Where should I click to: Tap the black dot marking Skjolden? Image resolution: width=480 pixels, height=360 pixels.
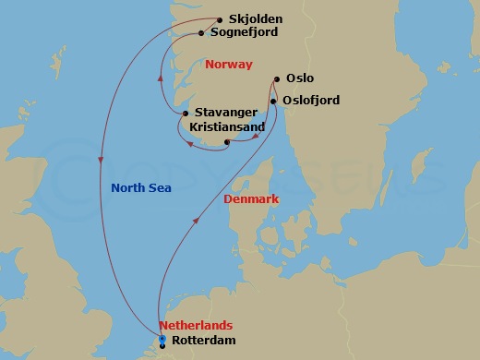tap(220, 19)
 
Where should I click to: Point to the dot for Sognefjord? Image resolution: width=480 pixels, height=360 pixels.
tap(201, 33)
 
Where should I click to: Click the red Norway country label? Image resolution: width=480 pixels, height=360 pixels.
tap(231, 66)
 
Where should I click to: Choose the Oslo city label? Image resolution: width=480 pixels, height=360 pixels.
tap(300, 78)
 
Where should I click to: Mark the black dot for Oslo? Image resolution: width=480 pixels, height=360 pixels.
tap(277, 79)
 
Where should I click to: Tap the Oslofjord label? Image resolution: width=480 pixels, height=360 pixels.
tap(314, 98)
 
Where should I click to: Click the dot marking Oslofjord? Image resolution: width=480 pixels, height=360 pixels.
tap(271, 99)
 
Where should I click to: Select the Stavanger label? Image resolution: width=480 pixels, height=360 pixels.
tap(227, 113)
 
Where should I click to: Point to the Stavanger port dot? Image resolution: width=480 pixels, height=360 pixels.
tap(186, 114)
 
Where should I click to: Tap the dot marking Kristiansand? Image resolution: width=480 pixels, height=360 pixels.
tap(227, 141)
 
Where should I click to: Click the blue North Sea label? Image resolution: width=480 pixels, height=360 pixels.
tap(141, 188)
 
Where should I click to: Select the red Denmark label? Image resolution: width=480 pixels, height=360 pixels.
tap(251, 198)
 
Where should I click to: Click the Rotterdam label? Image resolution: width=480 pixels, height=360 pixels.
tap(204, 342)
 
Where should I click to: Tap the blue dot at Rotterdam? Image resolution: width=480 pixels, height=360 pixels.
tap(162, 340)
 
